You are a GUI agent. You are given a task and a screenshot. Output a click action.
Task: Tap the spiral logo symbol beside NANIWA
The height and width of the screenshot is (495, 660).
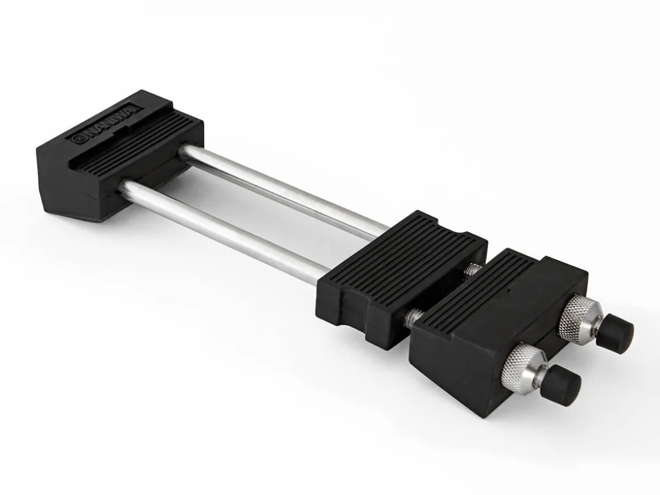tap(77, 139)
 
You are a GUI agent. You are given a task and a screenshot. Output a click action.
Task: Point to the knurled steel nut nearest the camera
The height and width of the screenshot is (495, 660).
tap(521, 361)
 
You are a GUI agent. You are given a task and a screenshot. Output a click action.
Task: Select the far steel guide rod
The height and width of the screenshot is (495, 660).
tap(283, 189)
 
